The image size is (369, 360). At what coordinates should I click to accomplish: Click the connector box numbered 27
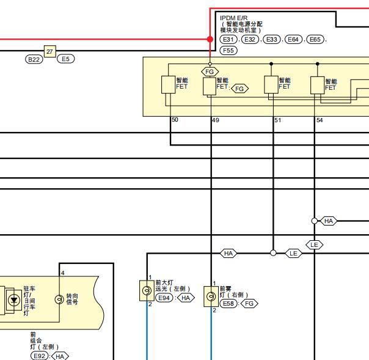coord(50,51)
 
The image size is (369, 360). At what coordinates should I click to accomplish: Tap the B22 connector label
coord(34,59)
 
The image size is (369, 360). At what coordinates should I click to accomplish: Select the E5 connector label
coord(65,59)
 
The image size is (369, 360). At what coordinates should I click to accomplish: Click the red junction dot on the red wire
coord(210,39)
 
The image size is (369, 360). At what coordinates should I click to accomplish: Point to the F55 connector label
coord(228,50)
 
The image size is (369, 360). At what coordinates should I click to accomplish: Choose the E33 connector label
coord(272,39)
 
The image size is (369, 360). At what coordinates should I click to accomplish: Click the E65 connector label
coord(315,39)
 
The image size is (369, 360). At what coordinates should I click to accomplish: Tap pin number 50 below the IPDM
coord(175,120)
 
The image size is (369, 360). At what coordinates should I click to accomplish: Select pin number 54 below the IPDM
coord(320,120)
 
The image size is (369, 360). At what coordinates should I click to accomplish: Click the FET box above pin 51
coord(271,84)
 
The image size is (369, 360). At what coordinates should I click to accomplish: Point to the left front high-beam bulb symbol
coord(147,290)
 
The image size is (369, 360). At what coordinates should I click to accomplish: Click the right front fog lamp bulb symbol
coord(211,296)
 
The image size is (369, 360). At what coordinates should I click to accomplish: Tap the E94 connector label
coord(164,298)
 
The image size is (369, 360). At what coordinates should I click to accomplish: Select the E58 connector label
coord(228,304)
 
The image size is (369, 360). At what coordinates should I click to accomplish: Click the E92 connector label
coord(39,356)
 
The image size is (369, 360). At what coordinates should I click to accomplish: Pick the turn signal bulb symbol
coord(59,299)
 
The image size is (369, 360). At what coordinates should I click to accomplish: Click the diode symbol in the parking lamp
coord(14,300)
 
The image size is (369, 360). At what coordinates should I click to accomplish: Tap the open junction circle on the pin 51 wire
coord(273,253)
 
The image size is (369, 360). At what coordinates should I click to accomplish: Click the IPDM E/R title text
coord(234,18)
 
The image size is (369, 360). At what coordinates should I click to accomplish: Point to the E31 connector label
coord(228,39)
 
